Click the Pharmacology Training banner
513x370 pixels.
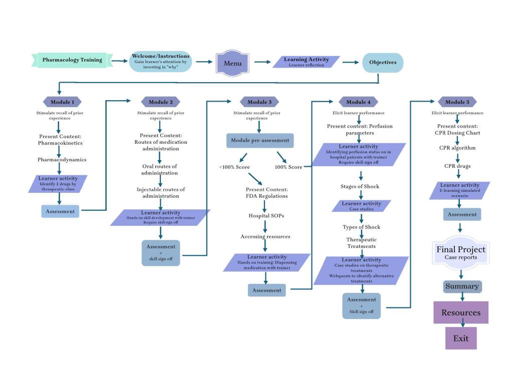click(72, 60)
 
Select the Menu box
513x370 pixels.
click(232, 63)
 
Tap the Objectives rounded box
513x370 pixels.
click(383, 63)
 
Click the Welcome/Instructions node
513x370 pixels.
click(160, 61)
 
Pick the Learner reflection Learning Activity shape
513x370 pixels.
click(306, 62)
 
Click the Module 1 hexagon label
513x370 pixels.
click(62, 102)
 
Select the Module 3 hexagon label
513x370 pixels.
click(259, 102)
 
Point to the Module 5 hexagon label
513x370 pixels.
click(457, 102)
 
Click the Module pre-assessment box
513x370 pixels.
click(260, 141)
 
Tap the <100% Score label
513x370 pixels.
click(233, 167)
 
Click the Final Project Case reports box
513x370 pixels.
click(461, 252)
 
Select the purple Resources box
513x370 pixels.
click(461, 312)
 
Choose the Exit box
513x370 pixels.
click(461, 338)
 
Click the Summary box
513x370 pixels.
click(462, 287)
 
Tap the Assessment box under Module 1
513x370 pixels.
click(60, 211)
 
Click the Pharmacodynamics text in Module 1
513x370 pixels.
click(62, 160)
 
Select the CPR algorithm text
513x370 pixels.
click(457, 148)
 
